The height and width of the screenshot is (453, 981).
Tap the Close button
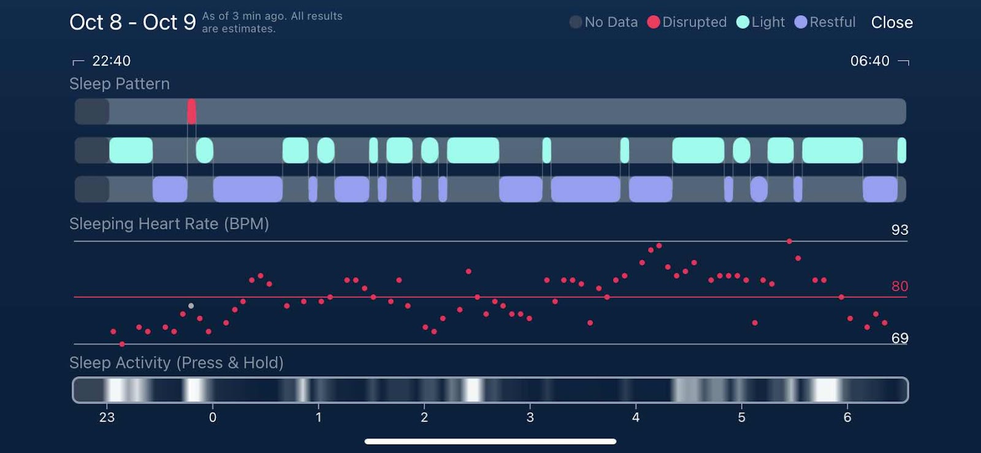pos(891,23)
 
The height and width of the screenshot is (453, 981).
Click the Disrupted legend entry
pos(687,22)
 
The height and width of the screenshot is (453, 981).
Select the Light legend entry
pos(761,22)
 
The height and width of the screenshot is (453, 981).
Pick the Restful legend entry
pos(825,22)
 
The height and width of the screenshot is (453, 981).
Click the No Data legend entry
pos(604,22)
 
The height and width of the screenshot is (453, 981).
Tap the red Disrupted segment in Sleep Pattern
pos(191,112)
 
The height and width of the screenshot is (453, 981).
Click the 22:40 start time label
pos(111,61)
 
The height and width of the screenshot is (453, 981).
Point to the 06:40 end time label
pos(869,61)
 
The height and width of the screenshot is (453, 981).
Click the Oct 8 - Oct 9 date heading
pos(132,22)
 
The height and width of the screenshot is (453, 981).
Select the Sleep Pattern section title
pos(120,83)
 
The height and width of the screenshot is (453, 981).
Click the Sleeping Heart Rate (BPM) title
pos(169,224)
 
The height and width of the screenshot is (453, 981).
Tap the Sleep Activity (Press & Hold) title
pos(176,363)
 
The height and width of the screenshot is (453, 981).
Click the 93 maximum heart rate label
pos(899,230)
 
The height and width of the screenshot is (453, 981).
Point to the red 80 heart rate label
pos(899,286)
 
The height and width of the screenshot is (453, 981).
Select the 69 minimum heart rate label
pos(899,338)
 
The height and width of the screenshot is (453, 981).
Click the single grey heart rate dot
pos(191,305)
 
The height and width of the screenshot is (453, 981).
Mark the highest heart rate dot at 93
pos(789,242)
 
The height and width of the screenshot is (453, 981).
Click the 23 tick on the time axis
pos(107,417)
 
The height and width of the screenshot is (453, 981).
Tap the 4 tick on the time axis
pos(636,417)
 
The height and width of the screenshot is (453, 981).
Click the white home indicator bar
pos(490,441)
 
